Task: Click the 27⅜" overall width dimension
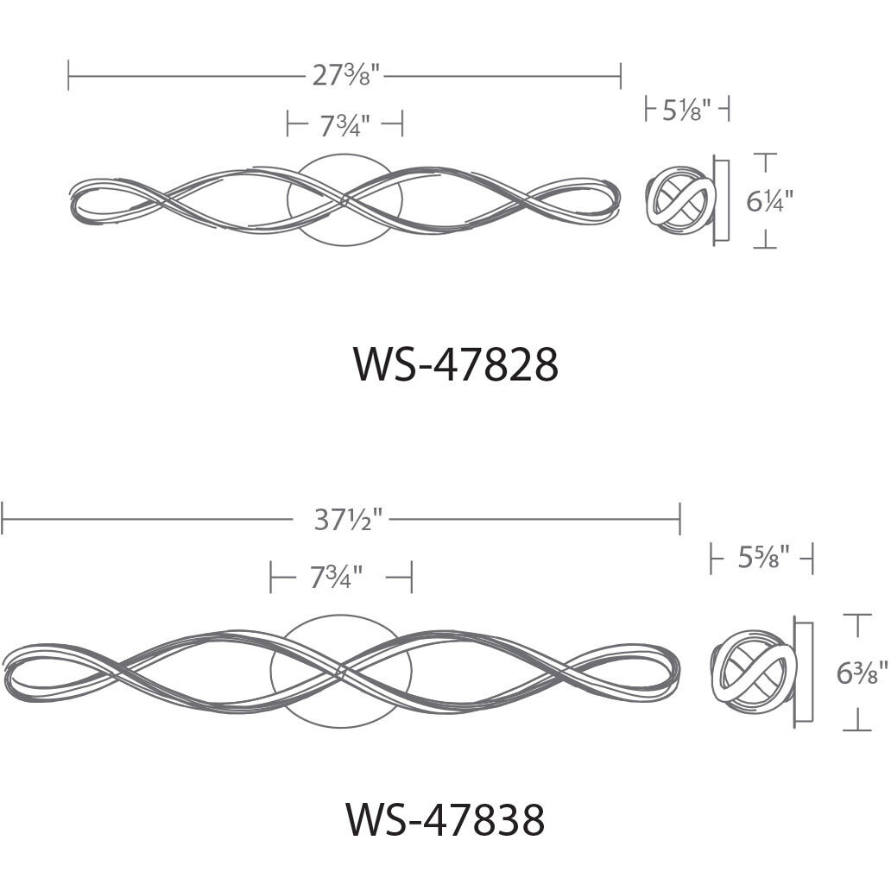pos(345,74)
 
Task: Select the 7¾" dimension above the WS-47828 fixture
pos(345,124)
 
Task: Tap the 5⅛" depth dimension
pos(686,109)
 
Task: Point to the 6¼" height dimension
pos(769,200)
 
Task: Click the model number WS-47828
pos(456,364)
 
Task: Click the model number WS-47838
pos(445,818)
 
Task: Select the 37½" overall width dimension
pos(349,520)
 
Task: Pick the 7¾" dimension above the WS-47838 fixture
pos(336,577)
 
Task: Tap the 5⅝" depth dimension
pos(764,557)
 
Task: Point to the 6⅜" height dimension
pos(862,673)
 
